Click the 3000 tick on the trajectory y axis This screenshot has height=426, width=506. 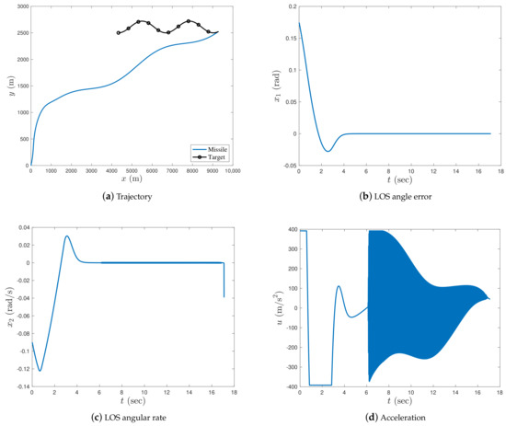(x=19, y=7)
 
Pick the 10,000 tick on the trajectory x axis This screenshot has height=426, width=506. (x=232, y=171)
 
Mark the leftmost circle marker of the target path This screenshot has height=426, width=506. (x=119, y=33)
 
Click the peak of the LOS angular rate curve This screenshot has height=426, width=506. (x=67, y=236)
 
